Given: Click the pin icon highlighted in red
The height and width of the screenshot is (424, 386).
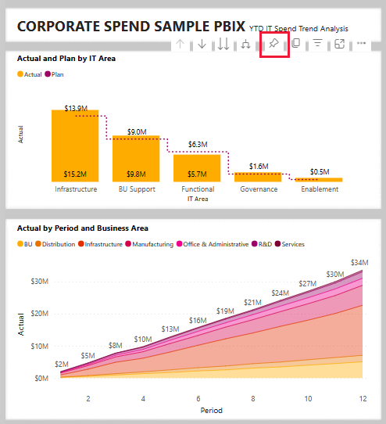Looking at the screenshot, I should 273,45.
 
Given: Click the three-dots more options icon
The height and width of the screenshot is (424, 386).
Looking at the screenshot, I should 361,45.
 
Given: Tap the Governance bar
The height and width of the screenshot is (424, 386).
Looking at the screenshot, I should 258,177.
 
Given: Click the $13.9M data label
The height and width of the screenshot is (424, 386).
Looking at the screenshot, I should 76,107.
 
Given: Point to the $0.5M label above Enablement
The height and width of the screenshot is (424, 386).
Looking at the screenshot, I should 319,171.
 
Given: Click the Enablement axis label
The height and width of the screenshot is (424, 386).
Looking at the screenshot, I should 319,189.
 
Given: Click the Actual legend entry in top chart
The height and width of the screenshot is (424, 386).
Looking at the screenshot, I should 32,74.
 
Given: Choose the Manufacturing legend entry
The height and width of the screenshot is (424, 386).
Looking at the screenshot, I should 152,244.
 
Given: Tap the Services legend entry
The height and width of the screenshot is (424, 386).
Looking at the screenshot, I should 293,244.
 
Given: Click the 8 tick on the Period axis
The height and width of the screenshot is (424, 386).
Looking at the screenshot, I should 252,398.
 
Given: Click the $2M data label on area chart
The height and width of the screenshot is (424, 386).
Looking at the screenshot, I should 61,365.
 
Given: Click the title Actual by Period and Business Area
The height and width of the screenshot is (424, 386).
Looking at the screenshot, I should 83,228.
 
